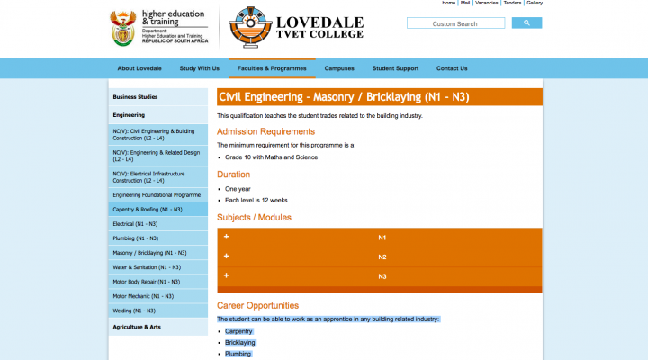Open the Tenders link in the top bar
pyautogui.click(x=512, y=4)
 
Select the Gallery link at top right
pyautogui.click(x=535, y=4)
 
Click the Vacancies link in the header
pyautogui.click(x=487, y=4)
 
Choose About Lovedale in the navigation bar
pyautogui.click(x=139, y=68)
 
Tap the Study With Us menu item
pyautogui.click(x=199, y=68)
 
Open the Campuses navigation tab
pyautogui.click(x=339, y=68)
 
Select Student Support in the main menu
pyautogui.click(x=395, y=68)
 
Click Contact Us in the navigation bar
pyautogui.click(x=452, y=68)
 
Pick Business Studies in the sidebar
pyautogui.click(x=135, y=96)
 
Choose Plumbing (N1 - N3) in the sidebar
pyautogui.click(x=136, y=238)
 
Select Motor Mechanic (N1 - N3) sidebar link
pyautogui.click(x=142, y=296)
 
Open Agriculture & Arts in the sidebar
pyautogui.click(x=137, y=327)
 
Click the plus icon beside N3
pyautogui.click(x=227, y=275)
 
